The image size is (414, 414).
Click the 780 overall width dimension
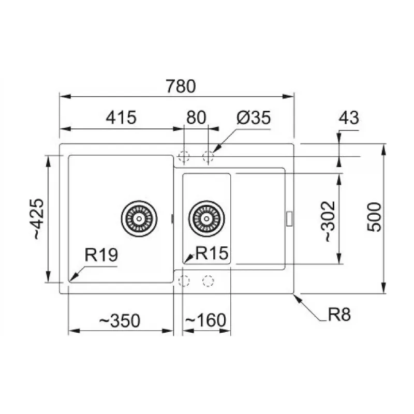(x=181, y=86)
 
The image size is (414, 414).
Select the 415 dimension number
(x=121, y=117)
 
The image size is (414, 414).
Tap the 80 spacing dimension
(x=196, y=117)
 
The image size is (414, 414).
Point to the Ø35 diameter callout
(x=254, y=117)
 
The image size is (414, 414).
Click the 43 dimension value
(x=348, y=117)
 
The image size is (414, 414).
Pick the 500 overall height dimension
(x=374, y=217)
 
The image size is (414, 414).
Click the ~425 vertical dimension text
(x=38, y=218)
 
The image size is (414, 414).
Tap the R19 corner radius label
(x=101, y=255)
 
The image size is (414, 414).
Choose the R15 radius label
(x=212, y=253)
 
